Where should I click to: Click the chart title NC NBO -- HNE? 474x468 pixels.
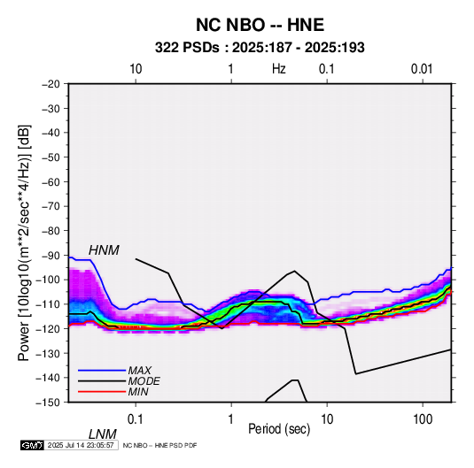click(260, 25)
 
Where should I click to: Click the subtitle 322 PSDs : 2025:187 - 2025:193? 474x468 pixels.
click(260, 48)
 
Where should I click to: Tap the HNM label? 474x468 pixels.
click(104, 250)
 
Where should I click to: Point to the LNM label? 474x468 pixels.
click(103, 434)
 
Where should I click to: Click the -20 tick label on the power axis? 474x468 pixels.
click(51, 84)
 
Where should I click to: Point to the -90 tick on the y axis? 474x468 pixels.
click(51, 255)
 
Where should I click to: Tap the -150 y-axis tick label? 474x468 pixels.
click(48, 403)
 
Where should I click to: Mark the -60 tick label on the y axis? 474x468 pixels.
click(51, 181)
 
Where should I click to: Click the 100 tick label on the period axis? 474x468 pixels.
click(423, 419)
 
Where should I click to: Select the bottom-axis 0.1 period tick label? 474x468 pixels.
click(136, 419)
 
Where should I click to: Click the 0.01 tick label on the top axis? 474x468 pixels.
click(422, 69)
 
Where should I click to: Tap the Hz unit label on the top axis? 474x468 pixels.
click(279, 69)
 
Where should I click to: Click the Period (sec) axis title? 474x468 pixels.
click(279, 429)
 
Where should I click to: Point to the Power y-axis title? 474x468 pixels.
click(24, 243)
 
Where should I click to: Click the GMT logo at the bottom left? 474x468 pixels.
click(32, 445)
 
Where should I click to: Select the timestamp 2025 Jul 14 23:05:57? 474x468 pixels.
click(81, 445)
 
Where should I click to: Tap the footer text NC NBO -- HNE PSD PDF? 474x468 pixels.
click(159, 445)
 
